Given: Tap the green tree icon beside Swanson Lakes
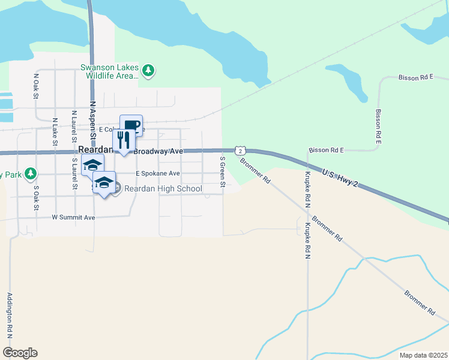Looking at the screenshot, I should click(148, 71).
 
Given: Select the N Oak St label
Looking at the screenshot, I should click(37, 86).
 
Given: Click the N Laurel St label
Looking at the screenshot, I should click(74, 125).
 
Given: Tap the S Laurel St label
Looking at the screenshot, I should click(75, 173).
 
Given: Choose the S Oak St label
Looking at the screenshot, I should click(36, 197).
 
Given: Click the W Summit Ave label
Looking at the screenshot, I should click(74, 217).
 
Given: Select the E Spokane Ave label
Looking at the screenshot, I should click(157, 173).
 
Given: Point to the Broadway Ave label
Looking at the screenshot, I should click(158, 152).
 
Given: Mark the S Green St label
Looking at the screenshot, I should click(222, 172).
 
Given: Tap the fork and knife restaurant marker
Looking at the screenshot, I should click(124, 140).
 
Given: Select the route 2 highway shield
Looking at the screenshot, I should click(239, 151).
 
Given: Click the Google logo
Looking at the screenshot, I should click(20, 352).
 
